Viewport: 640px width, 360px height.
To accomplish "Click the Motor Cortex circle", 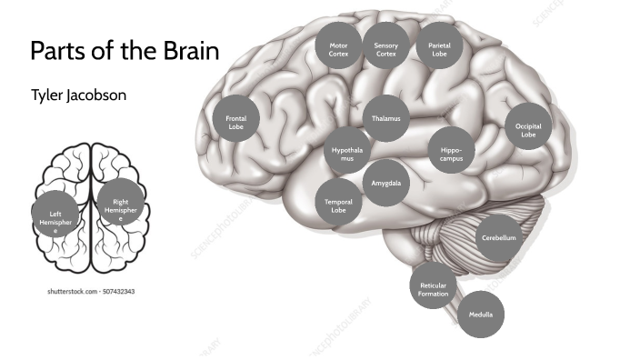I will pyautogui.click(x=338, y=49).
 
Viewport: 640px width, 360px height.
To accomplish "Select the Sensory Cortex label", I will pyautogui.click(x=386, y=49).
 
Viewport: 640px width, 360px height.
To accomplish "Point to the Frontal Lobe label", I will pyautogui.click(x=235, y=123).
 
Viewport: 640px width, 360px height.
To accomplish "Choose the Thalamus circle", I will pyautogui.click(x=385, y=119).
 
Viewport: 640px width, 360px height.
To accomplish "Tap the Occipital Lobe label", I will pyautogui.click(x=528, y=130).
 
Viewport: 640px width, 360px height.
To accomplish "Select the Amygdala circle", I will pyautogui.click(x=385, y=183).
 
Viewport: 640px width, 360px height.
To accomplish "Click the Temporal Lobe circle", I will pyautogui.click(x=338, y=205).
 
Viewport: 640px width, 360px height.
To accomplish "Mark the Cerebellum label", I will pyautogui.click(x=499, y=237).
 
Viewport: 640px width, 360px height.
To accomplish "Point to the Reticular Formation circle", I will pyautogui.click(x=434, y=290).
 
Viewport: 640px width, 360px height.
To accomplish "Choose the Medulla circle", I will pyautogui.click(x=481, y=315).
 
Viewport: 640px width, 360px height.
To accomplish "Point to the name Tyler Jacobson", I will pyautogui.click(x=79, y=95).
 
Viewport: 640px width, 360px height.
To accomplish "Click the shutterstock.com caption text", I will pyautogui.click(x=91, y=292).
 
